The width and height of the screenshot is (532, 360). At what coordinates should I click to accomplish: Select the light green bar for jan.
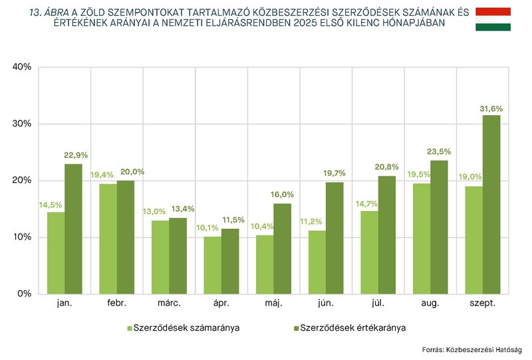[x=56, y=253]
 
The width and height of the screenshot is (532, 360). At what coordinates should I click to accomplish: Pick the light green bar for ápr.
[x=213, y=265]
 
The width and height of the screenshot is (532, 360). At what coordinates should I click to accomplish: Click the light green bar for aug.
[x=422, y=238]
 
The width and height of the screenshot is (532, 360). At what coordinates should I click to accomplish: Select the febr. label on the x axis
[x=117, y=303]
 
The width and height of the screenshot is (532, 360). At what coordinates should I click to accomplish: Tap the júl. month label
[x=378, y=303]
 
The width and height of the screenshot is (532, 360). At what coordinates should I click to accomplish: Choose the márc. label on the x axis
[x=169, y=303]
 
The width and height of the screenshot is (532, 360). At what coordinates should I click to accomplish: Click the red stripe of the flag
[x=493, y=12]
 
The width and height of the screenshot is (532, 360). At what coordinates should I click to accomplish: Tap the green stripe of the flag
[x=493, y=27]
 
